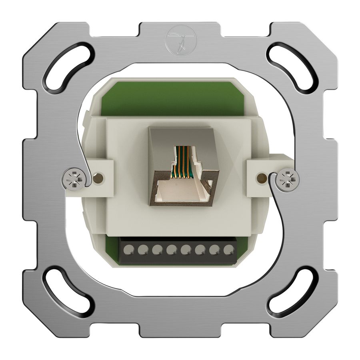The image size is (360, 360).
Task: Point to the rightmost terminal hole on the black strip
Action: (x=228, y=250)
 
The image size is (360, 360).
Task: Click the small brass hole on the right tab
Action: (x=262, y=176)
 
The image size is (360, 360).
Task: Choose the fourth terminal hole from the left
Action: (x=171, y=250)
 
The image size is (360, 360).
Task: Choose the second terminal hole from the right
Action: (x=214, y=250)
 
